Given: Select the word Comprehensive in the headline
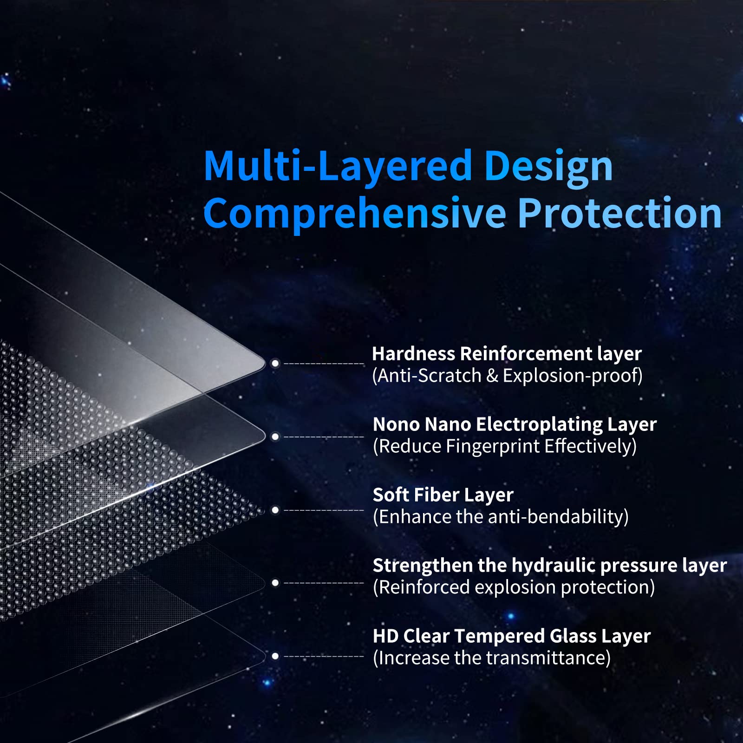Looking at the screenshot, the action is (x=355, y=214).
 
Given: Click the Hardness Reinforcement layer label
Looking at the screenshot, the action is (x=507, y=354).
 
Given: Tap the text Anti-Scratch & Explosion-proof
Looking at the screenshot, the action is (x=507, y=376).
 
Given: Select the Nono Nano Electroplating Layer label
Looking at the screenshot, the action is (x=515, y=424).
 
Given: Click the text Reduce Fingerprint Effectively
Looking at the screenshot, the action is (x=505, y=446).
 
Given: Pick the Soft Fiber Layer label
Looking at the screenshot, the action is (x=443, y=495).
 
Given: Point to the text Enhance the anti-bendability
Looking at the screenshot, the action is (x=501, y=517).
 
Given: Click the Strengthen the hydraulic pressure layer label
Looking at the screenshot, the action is (x=550, y=566).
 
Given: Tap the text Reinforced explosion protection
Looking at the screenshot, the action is (x=514, y=587).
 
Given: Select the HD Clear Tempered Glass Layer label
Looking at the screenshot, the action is (x=512, y=636).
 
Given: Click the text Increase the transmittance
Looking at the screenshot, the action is (x=492, y=658).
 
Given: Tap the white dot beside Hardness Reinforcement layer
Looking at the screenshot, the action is (x=275, y=363).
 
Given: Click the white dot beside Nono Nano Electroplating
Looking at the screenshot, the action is (x=275, y=437).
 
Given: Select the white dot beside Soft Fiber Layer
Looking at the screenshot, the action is (x=275, y=510).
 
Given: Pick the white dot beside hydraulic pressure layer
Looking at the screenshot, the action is (x=275, y=583).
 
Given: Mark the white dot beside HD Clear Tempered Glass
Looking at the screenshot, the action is (x=275, y=656).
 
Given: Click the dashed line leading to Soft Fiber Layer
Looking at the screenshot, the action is (x=324, y=510).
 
